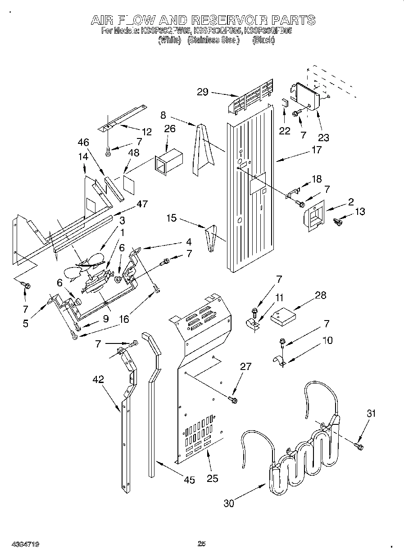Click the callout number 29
pos(202,92)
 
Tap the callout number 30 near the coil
pos(229,504)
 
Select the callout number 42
pos(98,379)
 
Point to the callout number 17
pos(316,150)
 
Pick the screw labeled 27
pos(233,399)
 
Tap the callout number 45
pos(190,480)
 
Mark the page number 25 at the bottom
pos(201,544)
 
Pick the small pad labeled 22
pos(285,102)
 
